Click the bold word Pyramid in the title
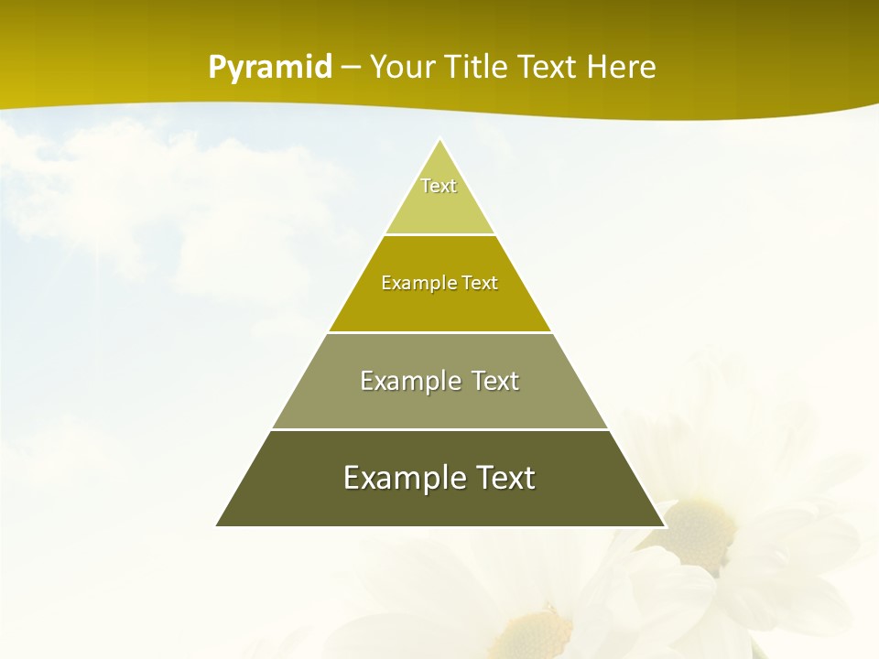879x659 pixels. coord(270,68)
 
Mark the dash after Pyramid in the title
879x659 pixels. coord(350,69)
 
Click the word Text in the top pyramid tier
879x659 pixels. coord(439,186)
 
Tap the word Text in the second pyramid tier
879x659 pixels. coord(480,283)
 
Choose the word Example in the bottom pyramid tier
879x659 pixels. coord(399,478)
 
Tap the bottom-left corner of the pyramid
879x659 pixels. coord(217,525)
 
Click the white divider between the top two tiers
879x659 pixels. coord(440,235)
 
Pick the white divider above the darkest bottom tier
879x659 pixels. coord(440,429)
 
